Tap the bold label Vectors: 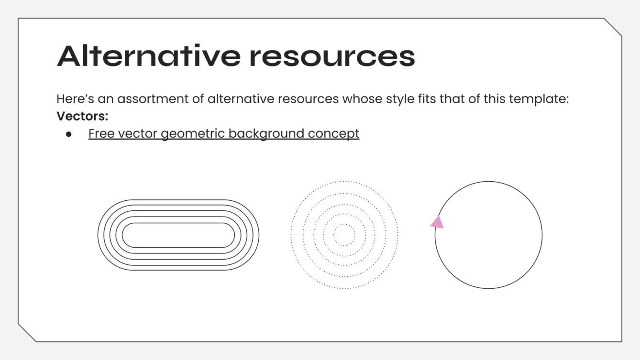pyautogui.click(x=82, y=116)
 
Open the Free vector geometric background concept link pyautogui.click(x=223, y=133)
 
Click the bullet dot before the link pyautogui.click(x=68, y=134)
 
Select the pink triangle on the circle pyautogui.click(x=437, y=222)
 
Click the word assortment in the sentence pyautogui.click(x=153, y=99)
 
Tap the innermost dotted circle pyautogui.click(x=344, y=224)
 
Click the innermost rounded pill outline pyautogui.click(x=178, y=223)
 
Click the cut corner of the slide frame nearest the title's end pyautogui.click(x=612, y=27)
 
